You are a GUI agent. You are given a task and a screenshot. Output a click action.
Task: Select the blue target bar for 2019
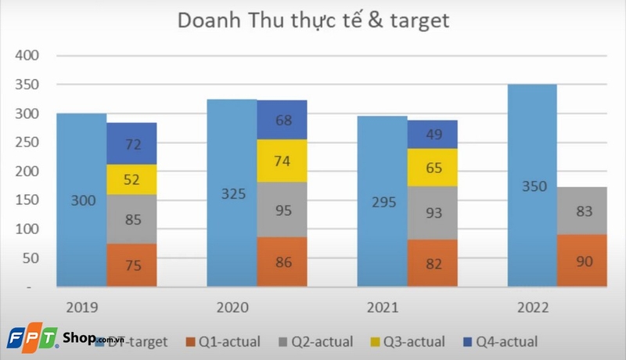pyautogui.click(x=81, y=227)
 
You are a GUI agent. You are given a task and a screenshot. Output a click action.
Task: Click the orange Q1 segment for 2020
pyautogui.click(x=282, y=262)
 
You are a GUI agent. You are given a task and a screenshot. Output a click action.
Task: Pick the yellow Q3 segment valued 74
pyautogui.click(x=282, y=161)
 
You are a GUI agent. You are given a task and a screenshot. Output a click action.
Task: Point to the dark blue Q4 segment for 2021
pyautogui.click(x=432, y=135)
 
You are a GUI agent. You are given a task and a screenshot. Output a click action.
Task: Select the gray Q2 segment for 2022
pyautogui.click(x=582, y=211)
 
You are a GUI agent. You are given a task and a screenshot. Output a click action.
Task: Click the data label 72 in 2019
pyautogui.click(x=131, y=144)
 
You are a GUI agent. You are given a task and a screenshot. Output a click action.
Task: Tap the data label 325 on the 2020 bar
pyautogui.click(x=232, y=193)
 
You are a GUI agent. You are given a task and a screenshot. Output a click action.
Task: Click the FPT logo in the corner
pyautogui.click(x=31, y=338)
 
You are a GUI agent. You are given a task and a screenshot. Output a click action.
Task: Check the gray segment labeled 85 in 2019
pyautogui.click(x=131, y=219)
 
